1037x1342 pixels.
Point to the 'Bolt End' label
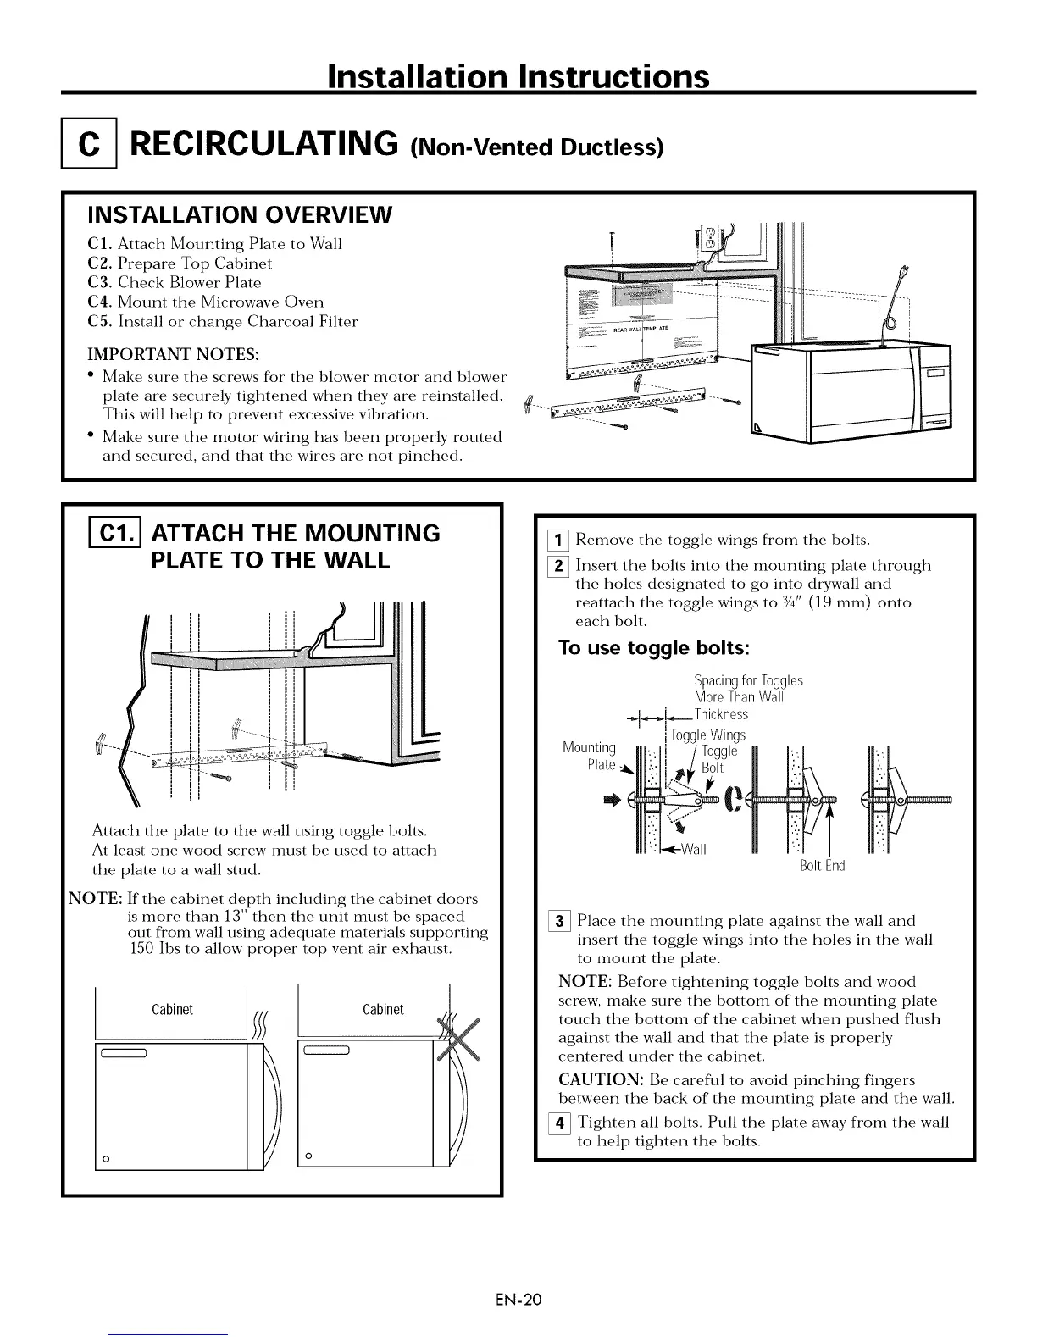coord(823,866)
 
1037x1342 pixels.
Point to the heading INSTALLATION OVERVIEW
coord(240,214)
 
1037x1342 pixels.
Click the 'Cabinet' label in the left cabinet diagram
coord(172,1009)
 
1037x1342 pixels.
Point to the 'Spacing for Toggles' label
coord(748,680)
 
